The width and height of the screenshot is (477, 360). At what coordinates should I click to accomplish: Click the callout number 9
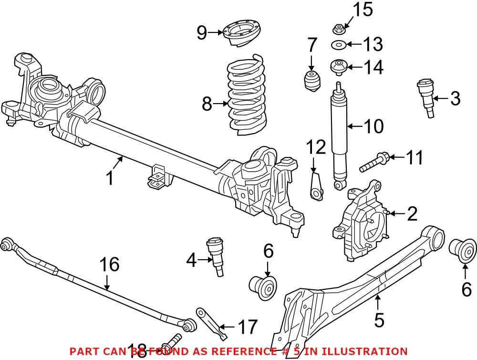point(202,33)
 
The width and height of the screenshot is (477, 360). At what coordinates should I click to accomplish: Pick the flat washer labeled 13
point(339,45)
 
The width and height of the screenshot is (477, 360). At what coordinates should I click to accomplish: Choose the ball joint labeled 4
point(216,256)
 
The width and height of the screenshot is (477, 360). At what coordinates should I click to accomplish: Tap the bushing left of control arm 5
point(263,287)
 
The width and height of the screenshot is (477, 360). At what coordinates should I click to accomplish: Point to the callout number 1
point(110,178)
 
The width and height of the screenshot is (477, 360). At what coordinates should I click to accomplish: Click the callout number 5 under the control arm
point(379,320)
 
